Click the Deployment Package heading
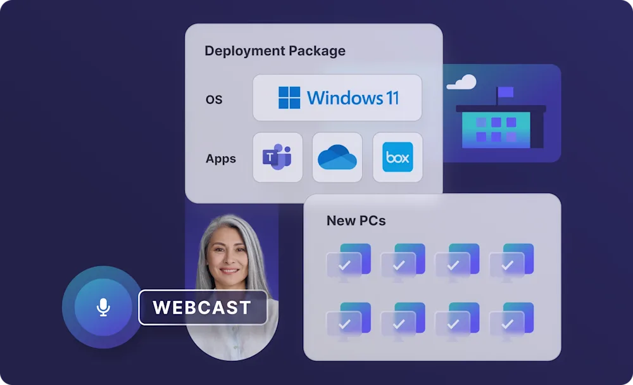click(x=275, y=51)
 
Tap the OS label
click(x=214, y=99)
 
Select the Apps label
click(x=221, y=158)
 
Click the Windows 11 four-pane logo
click(x=289, y=98)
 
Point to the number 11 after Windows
click(x=392, y=98)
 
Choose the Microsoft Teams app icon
click(x=277, y=157)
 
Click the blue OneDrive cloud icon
click(x=337, y=157)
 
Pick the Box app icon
click(x=398, y=157)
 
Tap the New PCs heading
click(x=356, y=220)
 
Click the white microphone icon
click(x=103, y=307)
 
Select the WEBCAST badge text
click(x=202, y=308)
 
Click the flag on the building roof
click(x=505, y=93)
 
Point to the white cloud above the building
click(x=461, y=82)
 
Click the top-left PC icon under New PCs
click(x=348, y=260)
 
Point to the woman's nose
click(x=230, y=260)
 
